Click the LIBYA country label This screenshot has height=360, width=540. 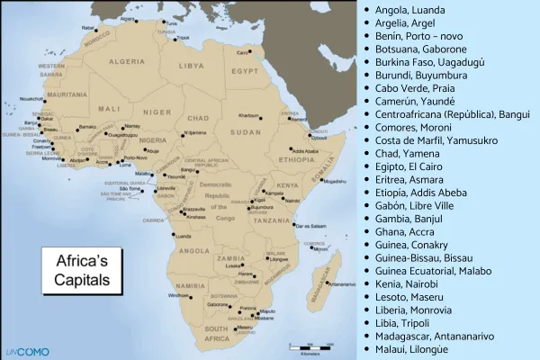click(192, 66)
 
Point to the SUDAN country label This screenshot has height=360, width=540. click(248, 132)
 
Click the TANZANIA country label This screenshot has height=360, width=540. click(269, 220)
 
